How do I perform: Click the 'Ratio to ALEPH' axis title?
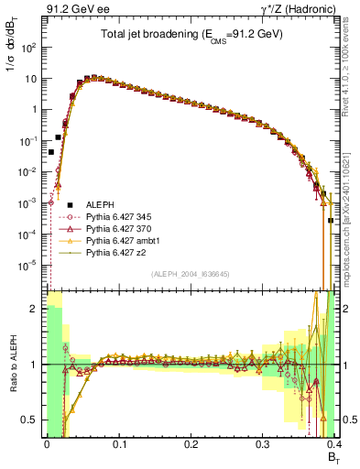[x=12, y=366]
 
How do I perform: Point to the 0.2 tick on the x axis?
[x=191, y=442]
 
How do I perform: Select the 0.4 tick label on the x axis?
[x=334, y=442]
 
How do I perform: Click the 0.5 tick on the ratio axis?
[x=31, y=420]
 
